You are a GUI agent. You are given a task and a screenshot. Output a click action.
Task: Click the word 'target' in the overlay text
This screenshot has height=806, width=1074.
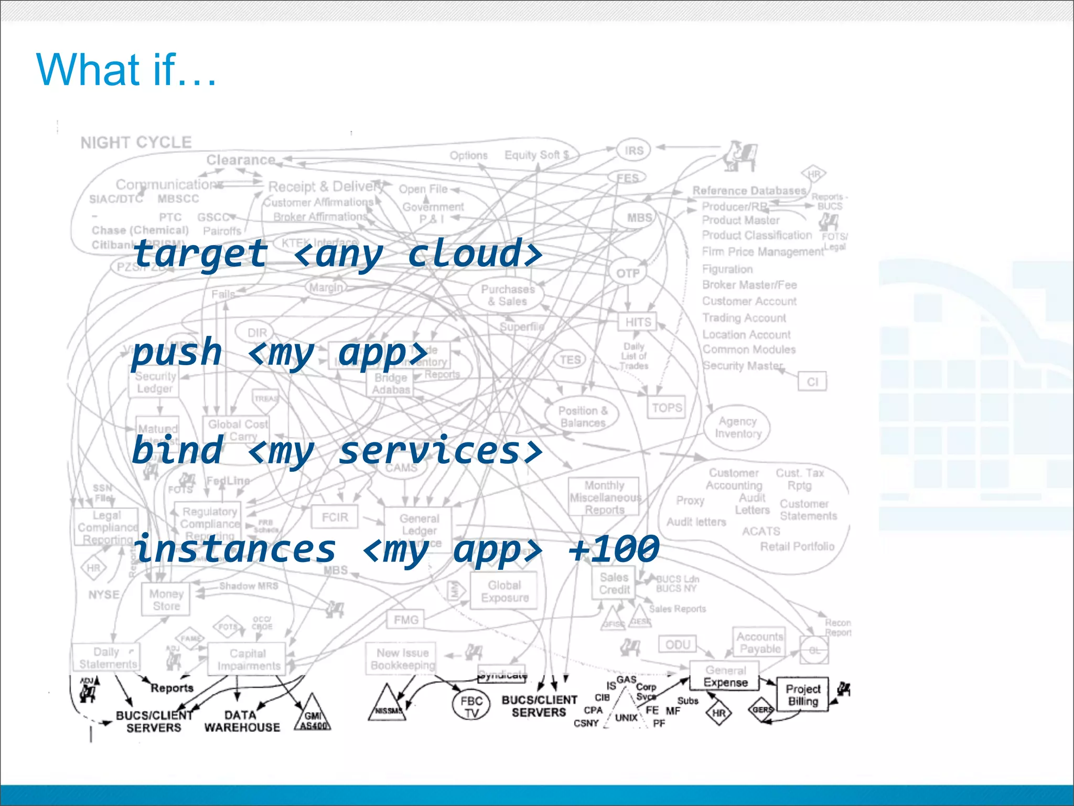pos(200,254)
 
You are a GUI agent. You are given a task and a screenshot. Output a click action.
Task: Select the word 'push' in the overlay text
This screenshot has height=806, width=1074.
pos(177,352)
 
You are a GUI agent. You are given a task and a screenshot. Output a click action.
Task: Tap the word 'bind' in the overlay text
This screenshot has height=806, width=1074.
pos(177,450)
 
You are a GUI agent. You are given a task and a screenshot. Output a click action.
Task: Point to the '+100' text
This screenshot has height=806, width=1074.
pos(614,549)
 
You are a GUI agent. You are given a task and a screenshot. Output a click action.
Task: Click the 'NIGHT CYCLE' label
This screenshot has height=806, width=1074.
pos(136,142)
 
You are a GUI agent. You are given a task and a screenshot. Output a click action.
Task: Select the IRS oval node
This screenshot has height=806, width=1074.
pos(633,151)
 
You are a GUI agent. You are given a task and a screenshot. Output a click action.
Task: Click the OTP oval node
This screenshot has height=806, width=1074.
pos(628,273)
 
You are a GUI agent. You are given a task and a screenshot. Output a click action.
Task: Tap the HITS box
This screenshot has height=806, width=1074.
pos(638,322)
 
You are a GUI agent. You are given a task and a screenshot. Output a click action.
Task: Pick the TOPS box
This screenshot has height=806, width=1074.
pos(667,408)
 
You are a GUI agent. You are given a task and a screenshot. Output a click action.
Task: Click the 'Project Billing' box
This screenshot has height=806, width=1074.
pos(802,695)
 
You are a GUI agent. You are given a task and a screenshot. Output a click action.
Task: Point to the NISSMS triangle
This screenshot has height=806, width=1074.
pos(387,706)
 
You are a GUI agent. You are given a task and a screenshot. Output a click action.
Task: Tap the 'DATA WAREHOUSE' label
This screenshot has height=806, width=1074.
pos(242,721)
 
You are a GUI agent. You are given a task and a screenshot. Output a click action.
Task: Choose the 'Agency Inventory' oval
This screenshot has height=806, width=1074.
pos(737,427)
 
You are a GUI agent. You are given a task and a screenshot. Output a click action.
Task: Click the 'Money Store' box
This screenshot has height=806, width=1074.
pos(166,600)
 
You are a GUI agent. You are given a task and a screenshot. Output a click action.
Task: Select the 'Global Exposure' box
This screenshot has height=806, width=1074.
pos(504,591)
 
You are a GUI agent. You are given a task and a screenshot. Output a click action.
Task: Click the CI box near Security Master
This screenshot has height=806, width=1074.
pos(812,381)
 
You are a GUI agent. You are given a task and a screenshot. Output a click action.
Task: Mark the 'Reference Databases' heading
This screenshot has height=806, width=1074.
pos(749,190)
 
